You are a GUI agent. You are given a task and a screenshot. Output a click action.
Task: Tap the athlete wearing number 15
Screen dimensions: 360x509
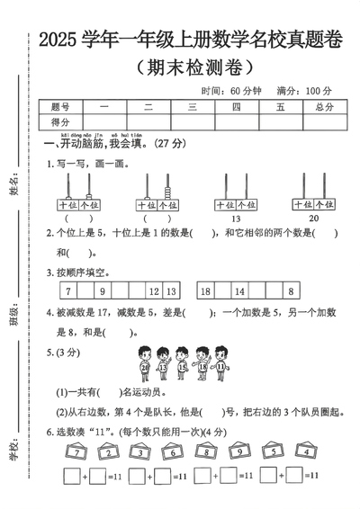(182, 364)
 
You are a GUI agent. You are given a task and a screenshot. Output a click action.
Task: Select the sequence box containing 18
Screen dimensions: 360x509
(206, 290)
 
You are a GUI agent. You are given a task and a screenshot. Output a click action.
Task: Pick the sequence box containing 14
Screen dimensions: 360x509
(239, 290)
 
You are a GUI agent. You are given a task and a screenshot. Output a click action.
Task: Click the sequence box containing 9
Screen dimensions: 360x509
(102, 290)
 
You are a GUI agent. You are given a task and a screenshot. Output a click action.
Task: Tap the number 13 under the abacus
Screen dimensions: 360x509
(235, 218)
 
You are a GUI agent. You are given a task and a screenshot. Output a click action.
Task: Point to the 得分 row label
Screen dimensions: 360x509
(61, 122)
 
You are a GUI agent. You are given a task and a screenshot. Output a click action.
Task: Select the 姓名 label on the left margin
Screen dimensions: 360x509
(13, 189)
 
